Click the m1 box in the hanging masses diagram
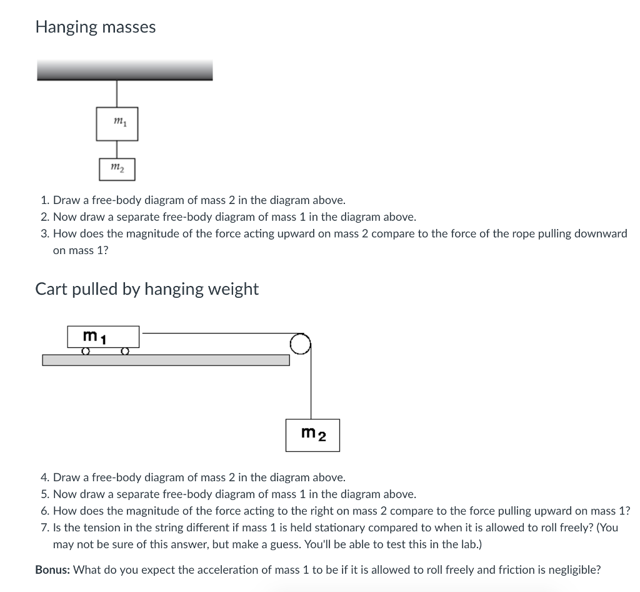point(117,124)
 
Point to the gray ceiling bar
point(125,70)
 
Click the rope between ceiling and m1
point(117,94)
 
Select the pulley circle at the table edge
point(300,344)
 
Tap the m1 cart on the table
point(103,337)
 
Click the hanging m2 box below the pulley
point(312,435)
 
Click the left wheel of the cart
point(86,352)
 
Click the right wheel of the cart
point(125,352)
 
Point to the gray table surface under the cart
point(166,360)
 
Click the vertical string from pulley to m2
point(311,385)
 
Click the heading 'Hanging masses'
point(96,27)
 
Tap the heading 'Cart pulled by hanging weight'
point(147,289)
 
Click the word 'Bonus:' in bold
point(52,569)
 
